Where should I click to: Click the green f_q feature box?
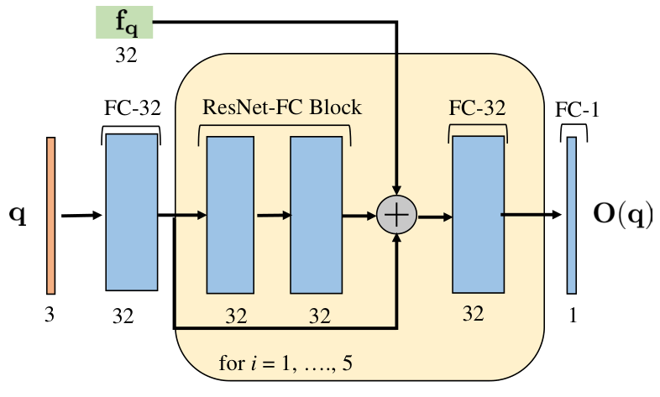coord(124,23)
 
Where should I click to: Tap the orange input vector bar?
coord(50,216)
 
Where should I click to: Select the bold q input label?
coord(18,217)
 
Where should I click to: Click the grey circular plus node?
coord(396,215)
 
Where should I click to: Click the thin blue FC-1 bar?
coord(571,216)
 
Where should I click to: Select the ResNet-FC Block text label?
coord(282,107)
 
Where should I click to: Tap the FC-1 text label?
coord(577,110)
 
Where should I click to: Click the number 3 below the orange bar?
coord(50,315)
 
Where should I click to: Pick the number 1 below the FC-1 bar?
coord(573,315)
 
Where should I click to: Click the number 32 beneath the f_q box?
coord(126,55)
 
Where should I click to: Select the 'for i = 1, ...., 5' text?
coord(285,363)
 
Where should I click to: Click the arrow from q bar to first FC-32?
coord(81,216)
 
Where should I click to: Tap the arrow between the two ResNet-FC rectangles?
coord(274,216)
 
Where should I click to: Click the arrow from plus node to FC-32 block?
coord(435,217)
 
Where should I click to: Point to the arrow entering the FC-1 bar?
coord(532,215)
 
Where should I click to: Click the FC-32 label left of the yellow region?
coord(133,108)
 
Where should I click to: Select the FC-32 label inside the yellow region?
coord(477,108)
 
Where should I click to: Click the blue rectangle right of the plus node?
coord(478,215)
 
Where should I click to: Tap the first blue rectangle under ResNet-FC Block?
coord(230,215)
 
